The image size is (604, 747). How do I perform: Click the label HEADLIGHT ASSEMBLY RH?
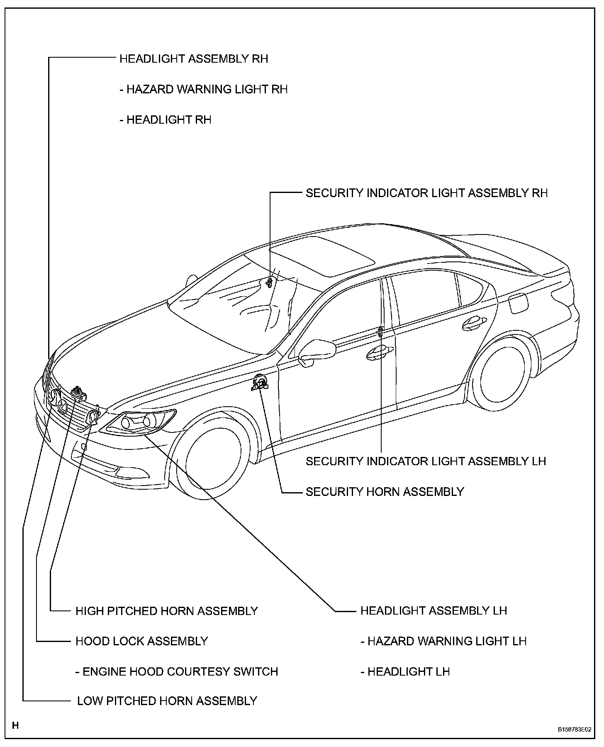click(x=194, y=59)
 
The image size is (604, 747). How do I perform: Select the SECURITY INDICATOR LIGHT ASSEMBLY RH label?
click(x=426, y=193)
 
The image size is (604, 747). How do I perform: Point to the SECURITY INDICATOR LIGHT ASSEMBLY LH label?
click(x=426, y=461)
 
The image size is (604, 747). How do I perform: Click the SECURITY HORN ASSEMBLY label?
click(x=385, y=492)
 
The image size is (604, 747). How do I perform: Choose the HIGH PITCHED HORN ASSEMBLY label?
click(x=167, y=611)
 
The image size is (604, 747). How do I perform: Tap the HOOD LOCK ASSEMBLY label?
click(x=141, y=641)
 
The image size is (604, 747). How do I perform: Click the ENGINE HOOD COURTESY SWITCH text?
click(x=177, y=671)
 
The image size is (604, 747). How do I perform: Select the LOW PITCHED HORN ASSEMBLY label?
click(x=167, y=701)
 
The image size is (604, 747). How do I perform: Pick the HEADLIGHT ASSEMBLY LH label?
click(x=434, y=610)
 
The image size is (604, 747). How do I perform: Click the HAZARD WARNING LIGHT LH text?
click(x=443, y=641)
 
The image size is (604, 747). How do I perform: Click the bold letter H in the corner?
click(x=15, y=725)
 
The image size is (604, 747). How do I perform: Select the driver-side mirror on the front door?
click(x=317, y=351)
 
